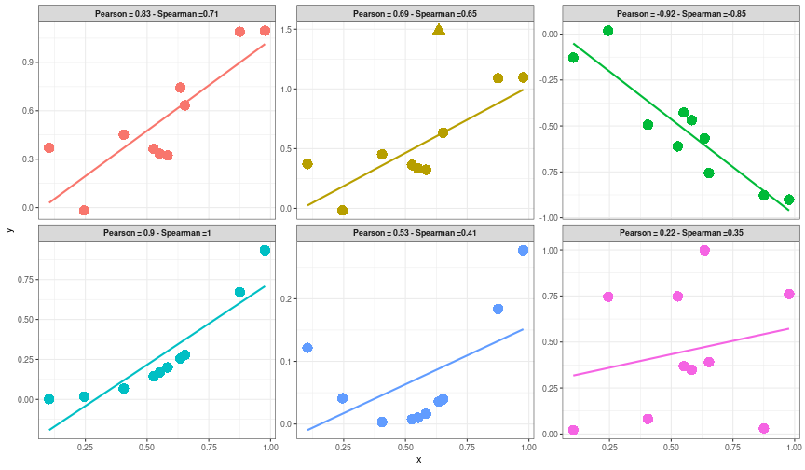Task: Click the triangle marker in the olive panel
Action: point(439,30)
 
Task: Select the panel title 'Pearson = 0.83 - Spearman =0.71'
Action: point(157,14)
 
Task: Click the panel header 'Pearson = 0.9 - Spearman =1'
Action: point(157,232)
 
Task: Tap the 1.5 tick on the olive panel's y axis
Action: point(287,30)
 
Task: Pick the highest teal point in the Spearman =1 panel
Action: point(265,251)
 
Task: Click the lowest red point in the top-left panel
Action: point(84,211)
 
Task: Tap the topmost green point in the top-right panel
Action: point(607,31)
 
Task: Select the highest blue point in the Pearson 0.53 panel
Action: point(523,250)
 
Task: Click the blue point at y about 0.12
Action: point(307,348)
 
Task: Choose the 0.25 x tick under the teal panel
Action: point(84,447)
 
